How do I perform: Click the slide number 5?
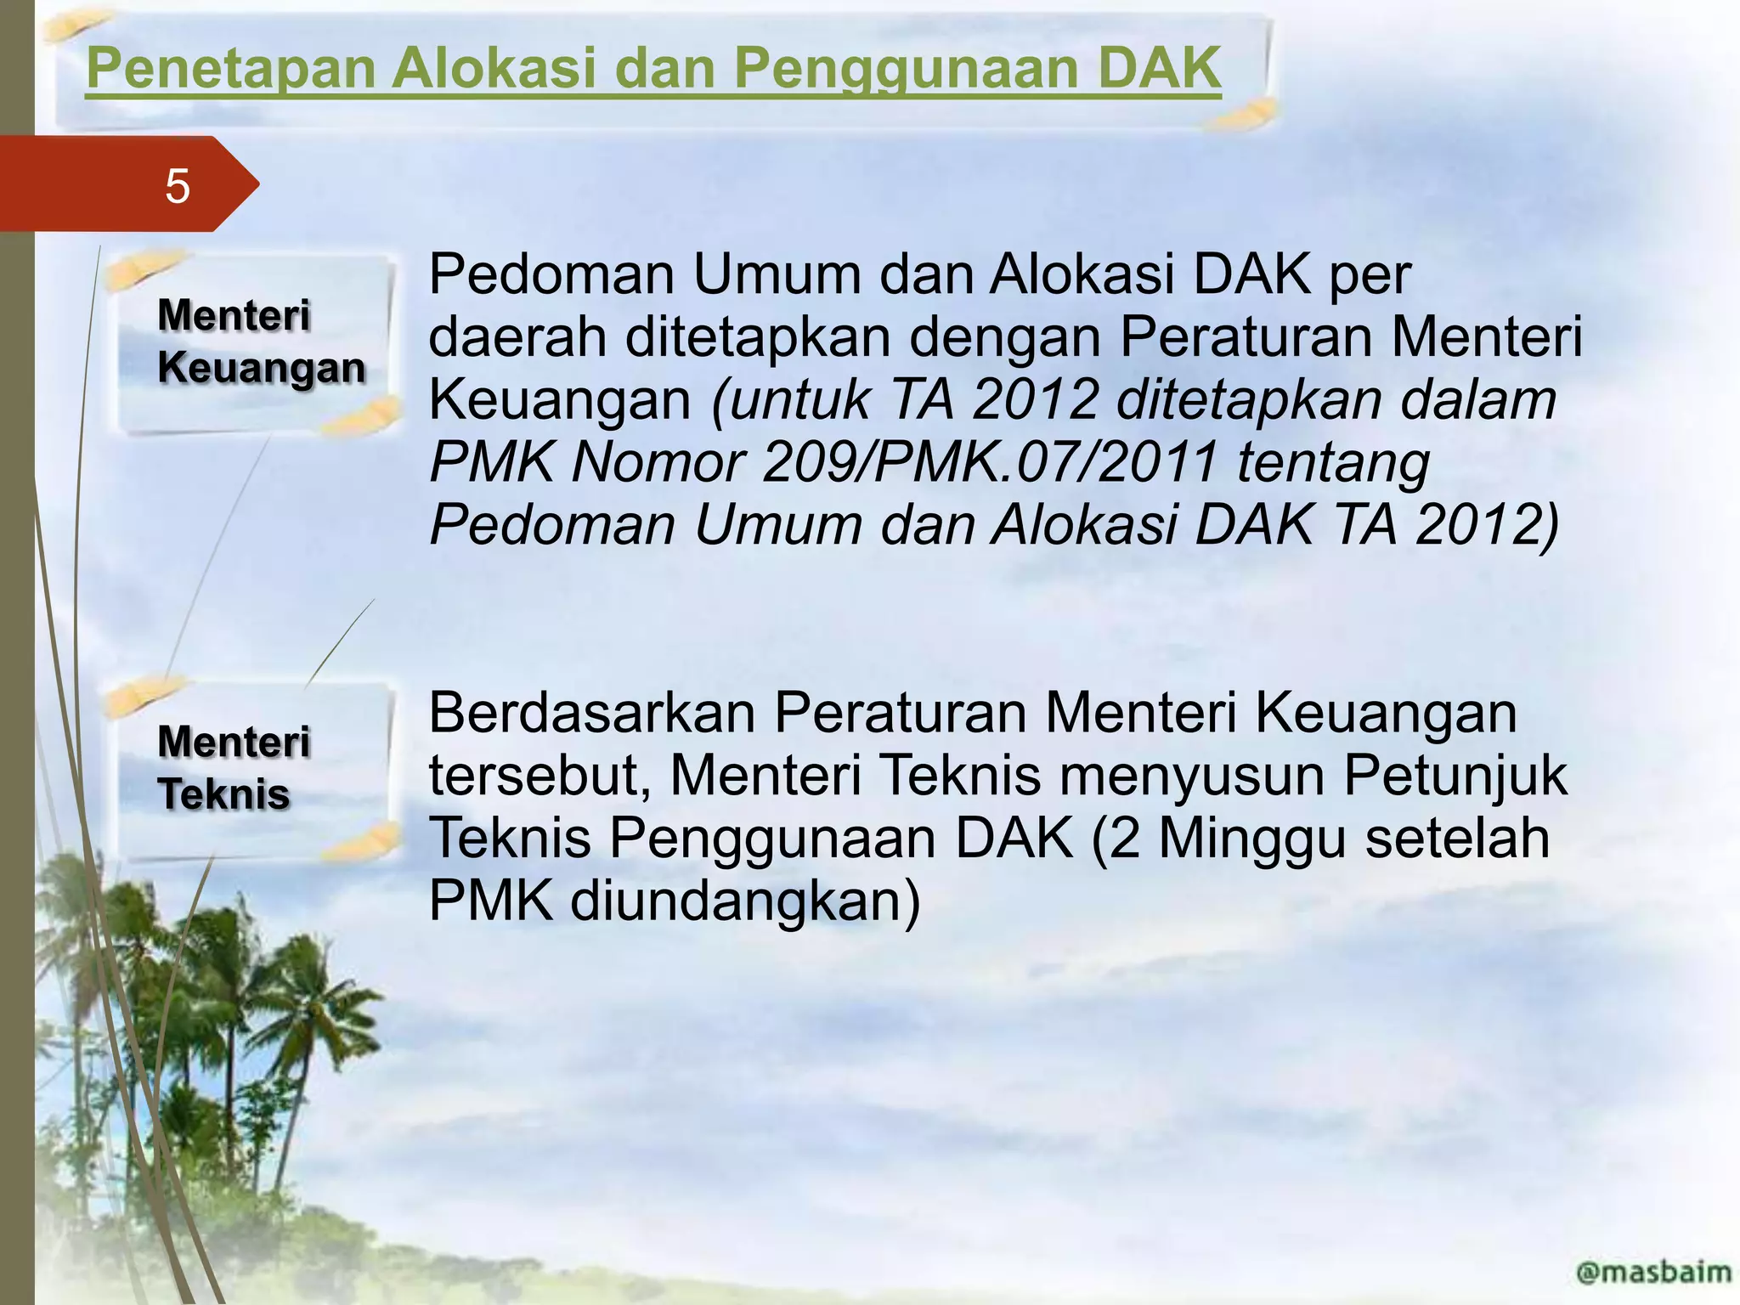(x=177, y=186)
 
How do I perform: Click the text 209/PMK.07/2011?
(x=991, y=462)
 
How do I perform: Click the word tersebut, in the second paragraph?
(x=540, y=775)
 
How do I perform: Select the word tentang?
(x=1334, y=462)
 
